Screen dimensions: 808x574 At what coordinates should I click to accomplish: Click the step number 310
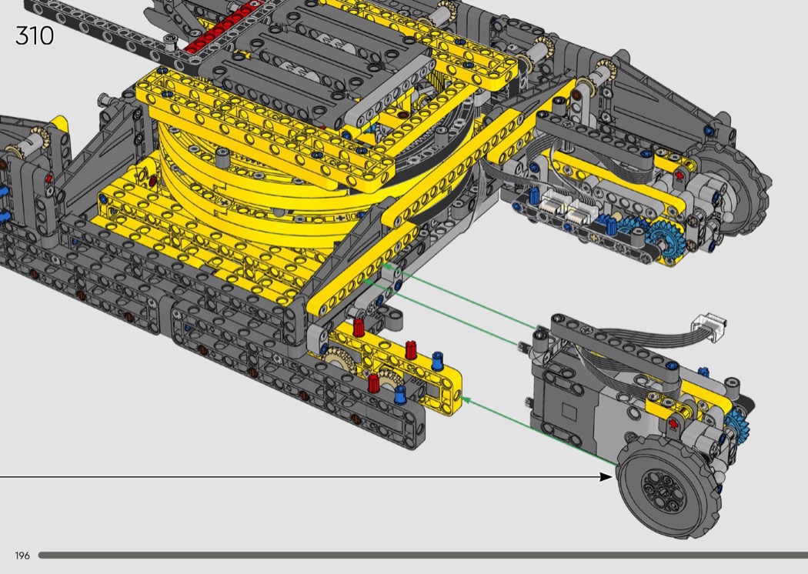35,35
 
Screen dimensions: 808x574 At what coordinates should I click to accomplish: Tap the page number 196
22,556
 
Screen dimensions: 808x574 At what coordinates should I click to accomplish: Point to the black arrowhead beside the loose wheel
606,476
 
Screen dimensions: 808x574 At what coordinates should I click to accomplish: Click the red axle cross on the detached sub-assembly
673,423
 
